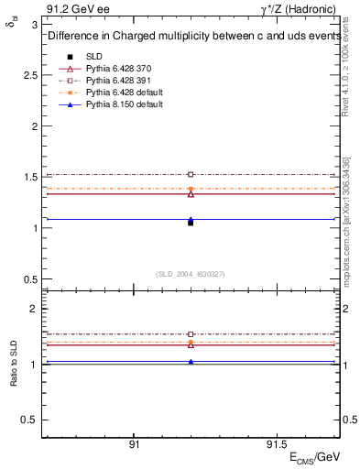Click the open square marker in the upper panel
click(191, 174)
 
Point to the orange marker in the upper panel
click(191, 189)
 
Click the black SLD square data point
click(191, 223)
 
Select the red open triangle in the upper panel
click(191, 194)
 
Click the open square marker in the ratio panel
click(191, 334)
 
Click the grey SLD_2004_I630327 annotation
click(191, 273)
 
